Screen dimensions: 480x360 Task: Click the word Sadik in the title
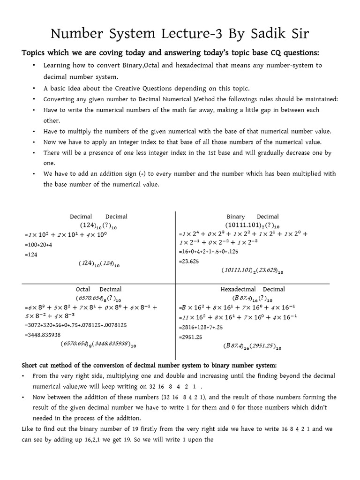270,34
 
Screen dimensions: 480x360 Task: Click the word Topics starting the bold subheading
36,52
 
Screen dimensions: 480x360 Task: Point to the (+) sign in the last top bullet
144,173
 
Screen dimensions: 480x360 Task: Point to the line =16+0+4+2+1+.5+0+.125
209,252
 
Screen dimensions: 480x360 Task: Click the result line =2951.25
190,337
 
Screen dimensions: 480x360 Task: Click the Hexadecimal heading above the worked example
238,289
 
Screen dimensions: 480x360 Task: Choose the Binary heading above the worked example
236,217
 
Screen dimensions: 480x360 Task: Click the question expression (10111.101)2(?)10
252,225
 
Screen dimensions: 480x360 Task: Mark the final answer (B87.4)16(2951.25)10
252,347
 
